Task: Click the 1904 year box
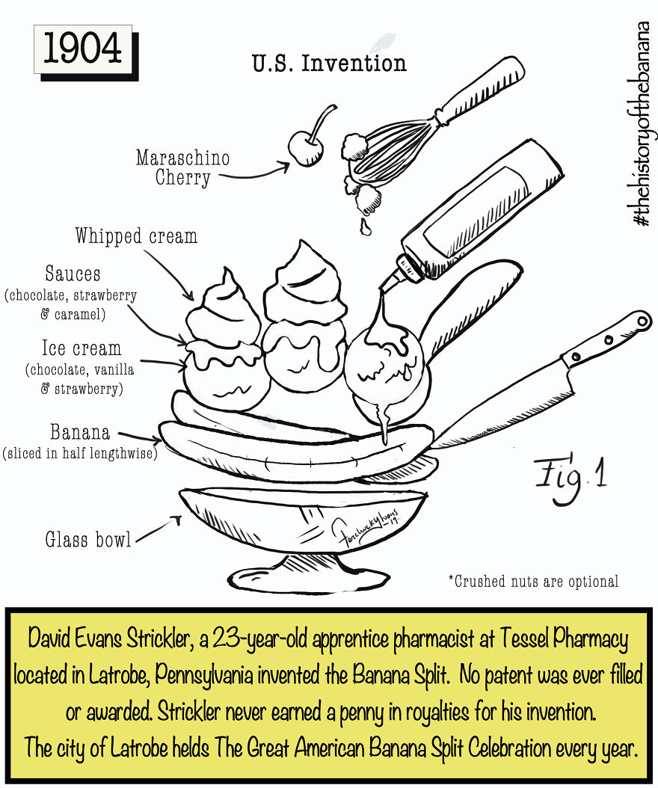click(x=82, y=49)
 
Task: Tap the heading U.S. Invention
click(x=330, y=63)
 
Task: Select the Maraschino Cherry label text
click(x=182, y=167)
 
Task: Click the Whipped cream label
click(x=136, y=236)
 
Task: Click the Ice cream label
click(x=81, y=348)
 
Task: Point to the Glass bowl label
click(x=87, y=539)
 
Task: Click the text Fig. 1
click(x=569, y=475)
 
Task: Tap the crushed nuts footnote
click(x=533, y=581)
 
